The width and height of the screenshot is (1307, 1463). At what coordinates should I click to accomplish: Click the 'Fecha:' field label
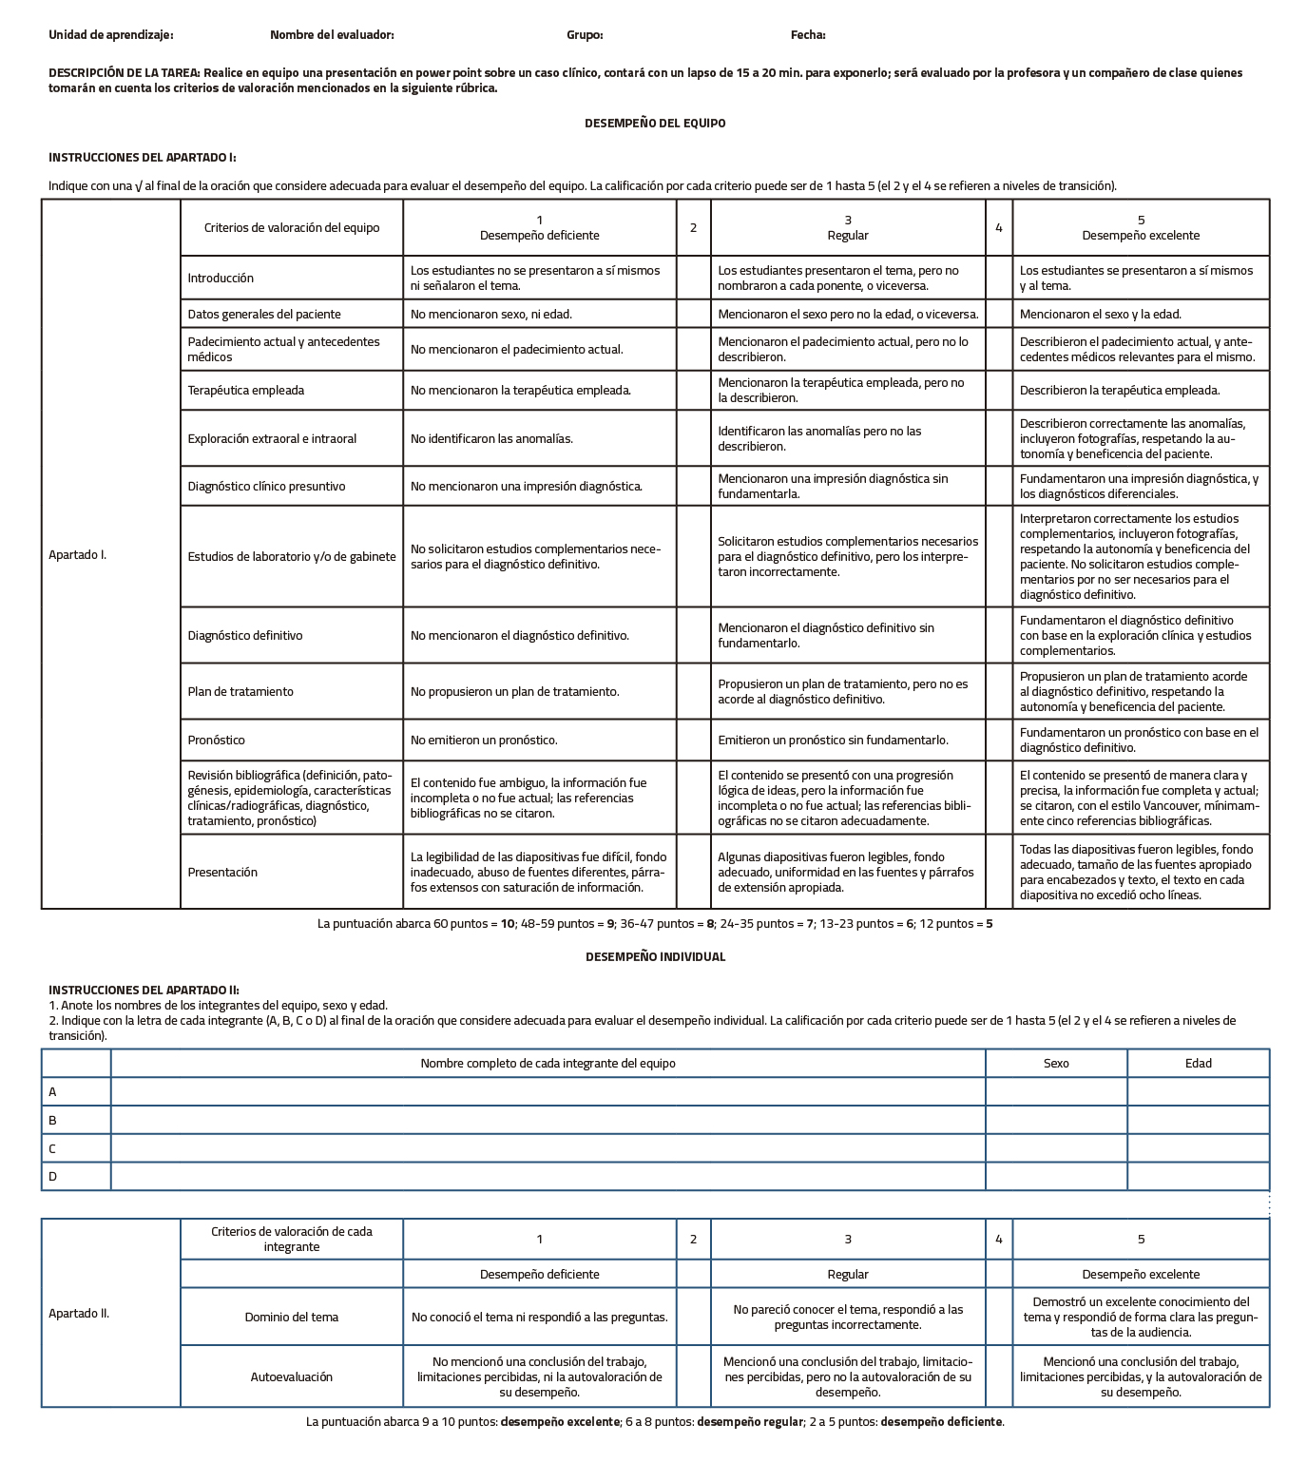[807, 35]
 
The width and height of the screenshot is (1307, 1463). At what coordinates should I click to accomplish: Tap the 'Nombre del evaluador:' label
[332, 35]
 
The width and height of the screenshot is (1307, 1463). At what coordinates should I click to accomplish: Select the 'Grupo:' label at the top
[585, 35]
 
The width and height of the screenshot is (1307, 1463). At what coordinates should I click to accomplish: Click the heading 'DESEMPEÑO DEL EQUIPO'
[655, 123]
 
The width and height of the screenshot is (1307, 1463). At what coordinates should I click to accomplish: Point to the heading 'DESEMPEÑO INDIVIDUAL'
[655, 956]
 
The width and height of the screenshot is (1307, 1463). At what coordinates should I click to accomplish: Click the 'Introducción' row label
[221, 278]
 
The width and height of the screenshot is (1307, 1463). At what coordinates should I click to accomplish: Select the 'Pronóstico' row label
[216, 740]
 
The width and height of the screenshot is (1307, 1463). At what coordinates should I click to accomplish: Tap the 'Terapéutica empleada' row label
[246, 390]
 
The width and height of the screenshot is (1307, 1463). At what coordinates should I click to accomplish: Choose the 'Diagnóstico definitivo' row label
[245, 635]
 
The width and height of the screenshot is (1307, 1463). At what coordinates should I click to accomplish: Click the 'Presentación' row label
[222, 872]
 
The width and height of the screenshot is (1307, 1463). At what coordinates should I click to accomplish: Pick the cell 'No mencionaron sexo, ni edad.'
[491, 314]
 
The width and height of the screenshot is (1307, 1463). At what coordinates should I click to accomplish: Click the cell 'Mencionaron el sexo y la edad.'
[1101, 314]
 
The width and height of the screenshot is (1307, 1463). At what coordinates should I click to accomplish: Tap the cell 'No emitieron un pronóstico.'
[484, 740]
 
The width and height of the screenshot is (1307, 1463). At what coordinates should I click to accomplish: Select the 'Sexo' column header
[1056, 1063]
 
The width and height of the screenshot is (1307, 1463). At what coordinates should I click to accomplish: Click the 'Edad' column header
[1198, 1063]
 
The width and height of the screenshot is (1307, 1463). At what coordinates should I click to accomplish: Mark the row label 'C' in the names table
[52, 1148]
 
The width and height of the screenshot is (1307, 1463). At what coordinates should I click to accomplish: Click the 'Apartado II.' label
[79, 1313]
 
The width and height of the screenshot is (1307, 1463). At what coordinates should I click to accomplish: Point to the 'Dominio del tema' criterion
[292, 1317]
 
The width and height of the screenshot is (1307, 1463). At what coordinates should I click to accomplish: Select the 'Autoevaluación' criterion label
[292, 1376]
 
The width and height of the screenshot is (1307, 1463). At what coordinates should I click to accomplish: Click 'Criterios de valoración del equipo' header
[292, 227]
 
